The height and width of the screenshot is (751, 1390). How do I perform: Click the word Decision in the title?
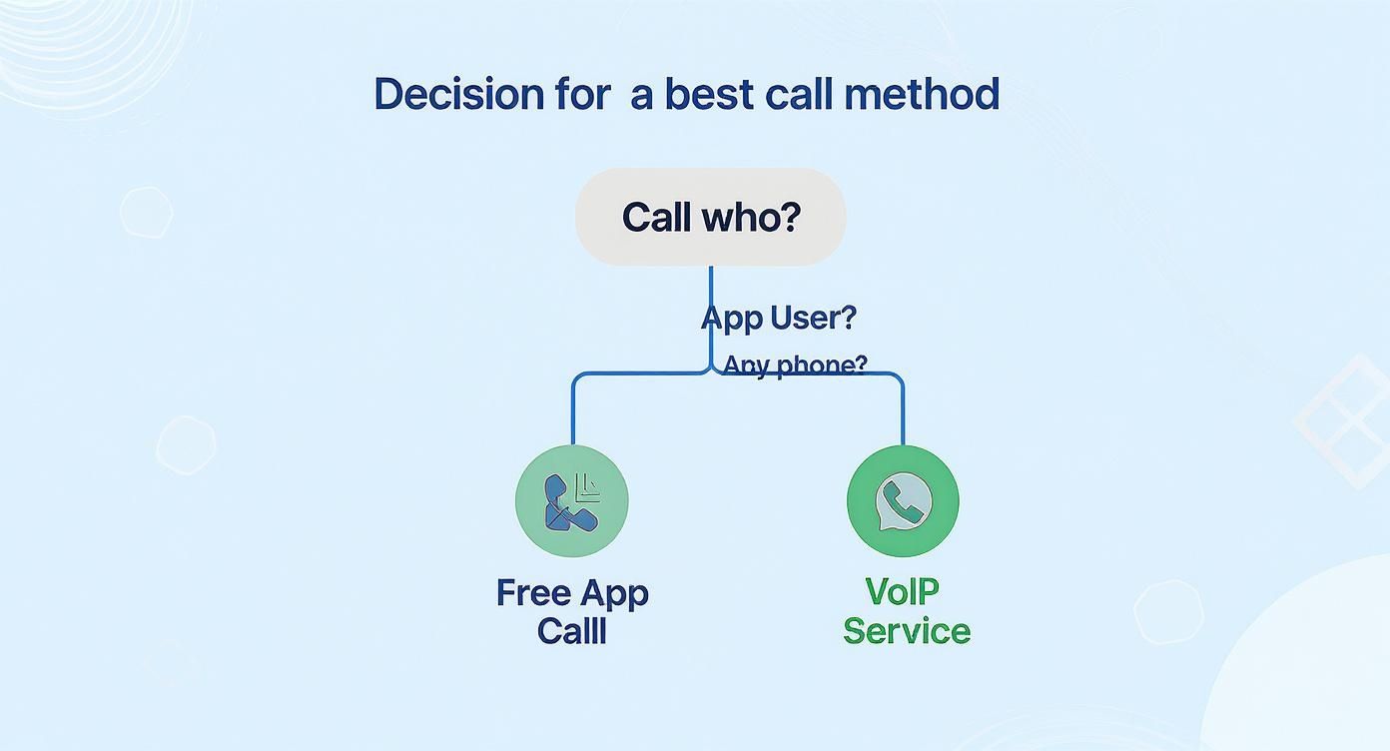(459, 94)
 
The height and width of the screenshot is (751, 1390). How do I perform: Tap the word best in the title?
(709, 94)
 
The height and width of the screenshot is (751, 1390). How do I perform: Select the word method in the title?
(922, 94)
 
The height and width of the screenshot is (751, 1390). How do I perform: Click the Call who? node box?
(711, 217)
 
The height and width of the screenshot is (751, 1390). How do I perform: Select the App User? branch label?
(779, 318)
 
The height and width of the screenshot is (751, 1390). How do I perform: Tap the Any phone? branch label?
(795, 365)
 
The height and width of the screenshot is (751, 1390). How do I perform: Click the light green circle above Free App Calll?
(571, 501)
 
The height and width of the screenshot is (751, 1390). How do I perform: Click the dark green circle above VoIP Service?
(903, 501)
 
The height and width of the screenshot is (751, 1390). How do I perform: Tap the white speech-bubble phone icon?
(904, 501)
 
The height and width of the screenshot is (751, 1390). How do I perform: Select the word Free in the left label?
(533, 593)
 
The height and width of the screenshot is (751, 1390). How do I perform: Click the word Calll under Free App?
(571, 631)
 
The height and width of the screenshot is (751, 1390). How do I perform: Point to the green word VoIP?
(902, 591)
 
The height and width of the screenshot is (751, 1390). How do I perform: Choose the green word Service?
(907, 631)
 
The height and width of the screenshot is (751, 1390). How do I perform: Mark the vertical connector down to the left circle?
(573, 410)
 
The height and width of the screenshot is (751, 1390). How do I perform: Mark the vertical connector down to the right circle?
(903, 410)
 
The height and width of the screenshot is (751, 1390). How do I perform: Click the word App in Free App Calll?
(614, 594)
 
